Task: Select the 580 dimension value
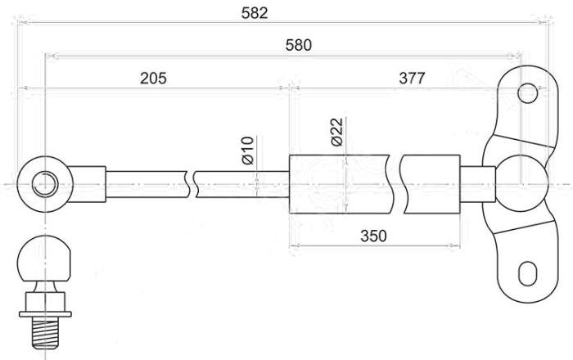point(298,45)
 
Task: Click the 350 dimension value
point(372,236)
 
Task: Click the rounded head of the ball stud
point(46,262)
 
